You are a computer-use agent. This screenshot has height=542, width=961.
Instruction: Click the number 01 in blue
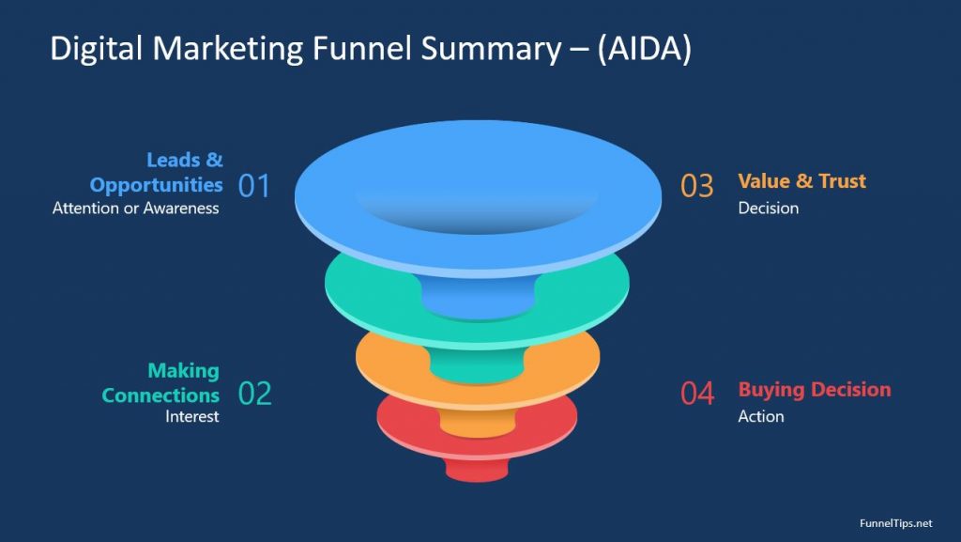click(x=253, y=186)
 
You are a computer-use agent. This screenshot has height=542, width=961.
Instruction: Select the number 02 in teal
click(x=254, y=394)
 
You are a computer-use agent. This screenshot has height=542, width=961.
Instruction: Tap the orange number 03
click(x=697, y=186)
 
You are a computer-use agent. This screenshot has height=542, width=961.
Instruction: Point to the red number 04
click(x=697, y=394)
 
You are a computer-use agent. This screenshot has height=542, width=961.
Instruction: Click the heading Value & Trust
click(x=801, y=181)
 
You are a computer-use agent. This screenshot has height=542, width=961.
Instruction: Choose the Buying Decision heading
click(x=815, y=389)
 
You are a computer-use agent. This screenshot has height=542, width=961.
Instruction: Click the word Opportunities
click(x=157, y=185)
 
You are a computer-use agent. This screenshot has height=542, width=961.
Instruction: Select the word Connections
click(x=160, y=395)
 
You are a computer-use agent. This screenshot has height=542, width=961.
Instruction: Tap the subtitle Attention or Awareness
click(x=135, y=209)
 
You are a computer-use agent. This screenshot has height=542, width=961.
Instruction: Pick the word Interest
click(x=191, y=416)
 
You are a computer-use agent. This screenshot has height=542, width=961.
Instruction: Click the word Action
click(x=760, y=416)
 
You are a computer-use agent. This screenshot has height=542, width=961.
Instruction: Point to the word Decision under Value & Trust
click(x=768, y=208)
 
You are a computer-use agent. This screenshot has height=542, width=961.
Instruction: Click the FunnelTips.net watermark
click(x=895, y=523)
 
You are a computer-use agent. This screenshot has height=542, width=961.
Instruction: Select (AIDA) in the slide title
click(x=644, y=49)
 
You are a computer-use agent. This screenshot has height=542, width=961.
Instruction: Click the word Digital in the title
click(x=97, y=49)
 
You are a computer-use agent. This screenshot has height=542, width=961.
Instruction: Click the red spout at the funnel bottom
click(x=477, y=470)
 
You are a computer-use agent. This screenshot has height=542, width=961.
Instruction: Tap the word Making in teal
click(x=183, y=371)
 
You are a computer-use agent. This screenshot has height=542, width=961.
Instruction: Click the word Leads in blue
click(x=173, y=160)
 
